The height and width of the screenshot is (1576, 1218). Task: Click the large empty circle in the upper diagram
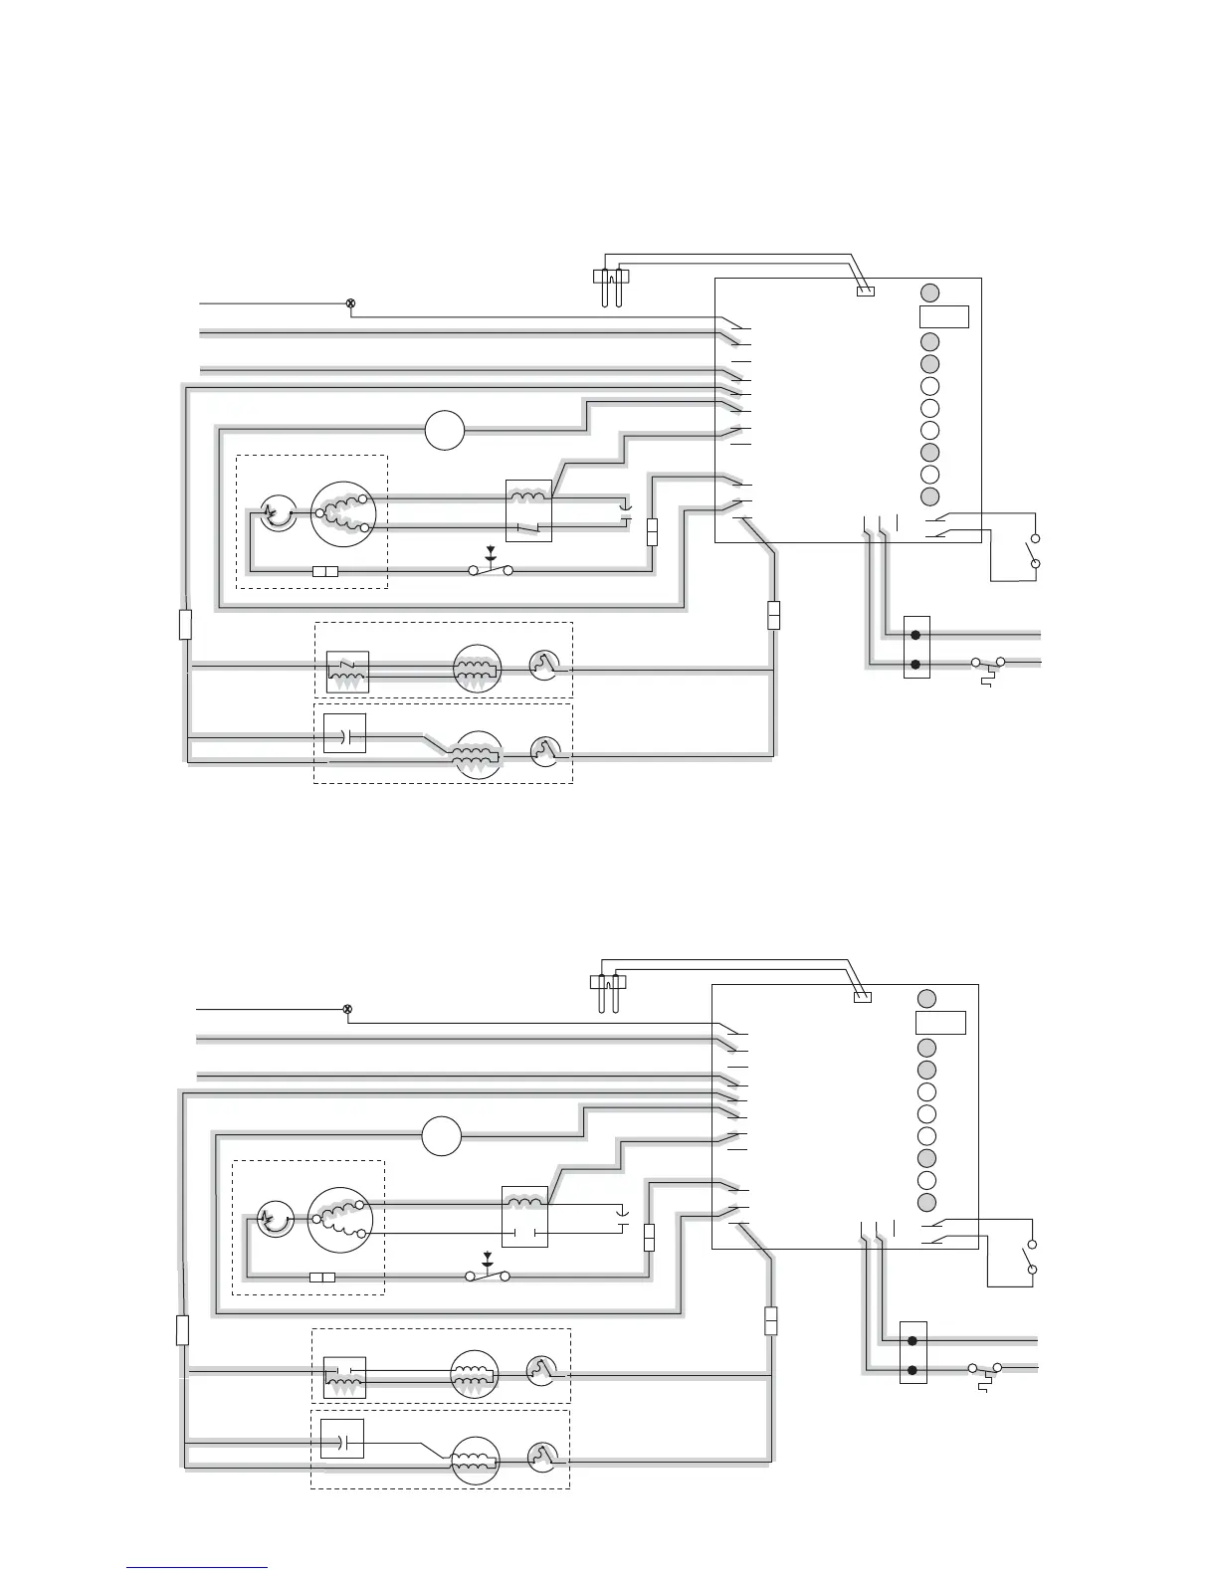coord(445,431)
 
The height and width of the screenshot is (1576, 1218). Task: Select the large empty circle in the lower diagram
coord(441,1136)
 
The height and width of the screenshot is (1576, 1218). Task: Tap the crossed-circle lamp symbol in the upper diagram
coord(349,302)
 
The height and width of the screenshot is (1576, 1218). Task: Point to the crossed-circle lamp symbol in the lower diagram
coord(347,1009)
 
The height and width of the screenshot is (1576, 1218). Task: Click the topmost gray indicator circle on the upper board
coord(929,293)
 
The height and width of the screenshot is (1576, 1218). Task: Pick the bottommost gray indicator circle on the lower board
coord(926,1202)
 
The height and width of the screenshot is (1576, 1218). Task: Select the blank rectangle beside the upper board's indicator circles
coord(943,317)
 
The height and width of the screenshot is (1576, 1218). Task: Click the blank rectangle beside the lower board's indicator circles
coord(940,1023)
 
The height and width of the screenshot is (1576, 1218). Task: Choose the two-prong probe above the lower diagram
coord(607,989)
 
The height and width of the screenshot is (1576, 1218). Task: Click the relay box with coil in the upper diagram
coord(528,510)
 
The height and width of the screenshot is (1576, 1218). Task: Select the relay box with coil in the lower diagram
coord(524,1216)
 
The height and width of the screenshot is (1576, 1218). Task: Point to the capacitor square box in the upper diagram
coord(345,733)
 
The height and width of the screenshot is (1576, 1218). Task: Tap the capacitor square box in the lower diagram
coord(342,1439)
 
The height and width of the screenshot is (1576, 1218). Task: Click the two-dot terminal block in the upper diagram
coord(916,648)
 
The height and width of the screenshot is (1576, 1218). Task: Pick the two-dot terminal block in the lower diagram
coord(913,1353)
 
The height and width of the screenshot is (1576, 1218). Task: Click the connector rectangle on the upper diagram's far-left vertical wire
coord(185,625)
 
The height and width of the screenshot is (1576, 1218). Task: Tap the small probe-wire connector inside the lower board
coord(863,997)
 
